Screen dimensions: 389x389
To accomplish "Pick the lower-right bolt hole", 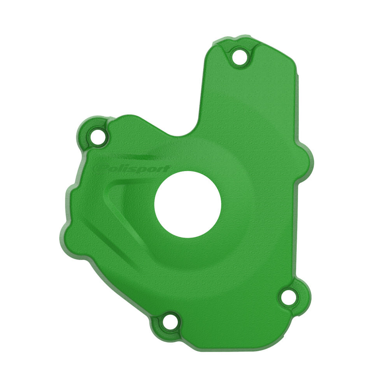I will pos(289,298).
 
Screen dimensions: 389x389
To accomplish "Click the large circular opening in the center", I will pos(187,205).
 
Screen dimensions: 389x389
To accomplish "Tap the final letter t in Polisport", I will pos(166,169).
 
